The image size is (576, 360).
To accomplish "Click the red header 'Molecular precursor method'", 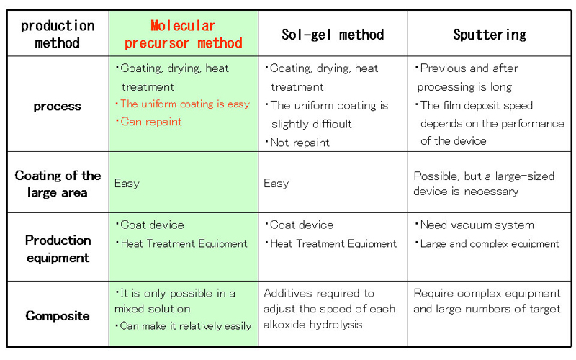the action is coord(184,34).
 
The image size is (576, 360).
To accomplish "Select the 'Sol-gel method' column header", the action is coord(333,35).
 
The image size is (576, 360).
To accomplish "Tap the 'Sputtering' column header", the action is coord(490,35).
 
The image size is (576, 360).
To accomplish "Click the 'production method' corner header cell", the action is coord(58,34).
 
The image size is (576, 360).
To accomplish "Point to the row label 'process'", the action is coord(58,106).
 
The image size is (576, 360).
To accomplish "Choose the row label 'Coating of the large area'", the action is coord(58,184).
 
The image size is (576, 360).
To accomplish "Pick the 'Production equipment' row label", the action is coord(58,249).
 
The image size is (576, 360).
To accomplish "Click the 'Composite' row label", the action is coord(58,315).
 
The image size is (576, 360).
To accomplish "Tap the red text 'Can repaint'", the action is coord(151,122).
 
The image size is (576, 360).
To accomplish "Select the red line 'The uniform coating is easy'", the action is coord(185,104).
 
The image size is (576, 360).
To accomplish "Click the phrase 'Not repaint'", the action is coord(300,143).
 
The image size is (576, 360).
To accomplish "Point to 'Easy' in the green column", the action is coord(127,184).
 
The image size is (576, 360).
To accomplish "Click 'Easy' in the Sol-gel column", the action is coord(276,184).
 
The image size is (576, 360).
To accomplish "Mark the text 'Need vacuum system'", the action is coord(477,225).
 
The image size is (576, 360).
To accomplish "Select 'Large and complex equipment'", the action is coord(490,244).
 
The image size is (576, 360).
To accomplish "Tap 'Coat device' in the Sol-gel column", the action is coord(302,225).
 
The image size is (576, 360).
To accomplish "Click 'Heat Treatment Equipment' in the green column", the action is coord(184,244).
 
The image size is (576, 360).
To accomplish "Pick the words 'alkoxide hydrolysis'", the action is coord(313,325).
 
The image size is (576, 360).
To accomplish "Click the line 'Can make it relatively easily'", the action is coord(186,326).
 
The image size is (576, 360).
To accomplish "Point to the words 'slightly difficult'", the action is coord(312,124).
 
